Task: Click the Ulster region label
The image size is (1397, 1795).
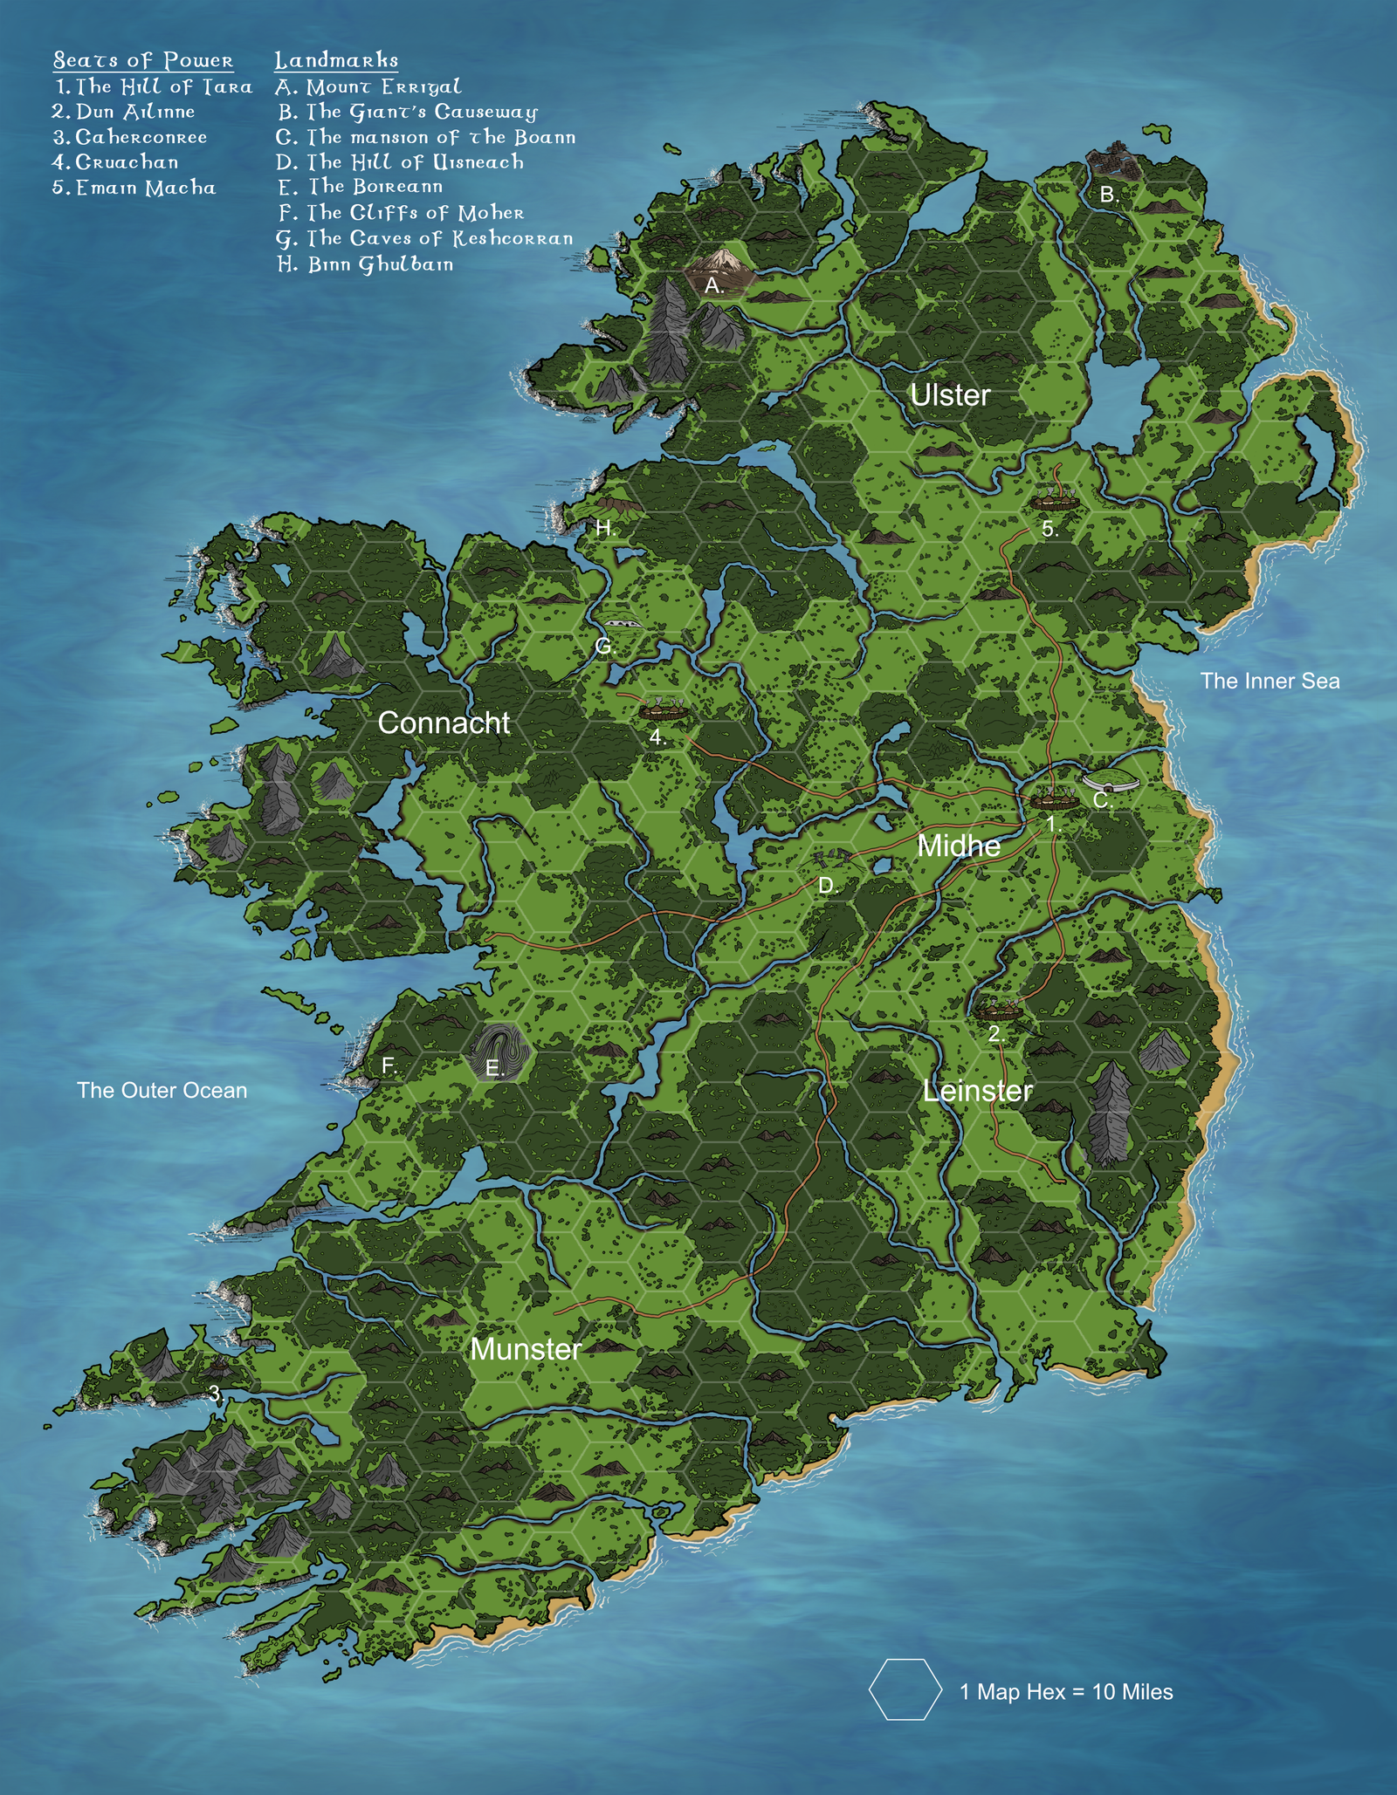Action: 949,395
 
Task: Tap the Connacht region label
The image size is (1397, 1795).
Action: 444,723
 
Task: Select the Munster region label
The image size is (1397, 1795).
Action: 525,1349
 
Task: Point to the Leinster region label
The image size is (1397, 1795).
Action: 977,1091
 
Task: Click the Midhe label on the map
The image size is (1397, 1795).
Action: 958,846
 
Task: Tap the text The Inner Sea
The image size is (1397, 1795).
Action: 1269,681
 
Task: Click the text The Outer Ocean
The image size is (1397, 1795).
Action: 162,1090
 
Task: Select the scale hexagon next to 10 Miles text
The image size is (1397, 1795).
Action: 905,1689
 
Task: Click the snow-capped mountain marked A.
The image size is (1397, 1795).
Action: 721,262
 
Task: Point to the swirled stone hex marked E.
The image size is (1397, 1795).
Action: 499,1051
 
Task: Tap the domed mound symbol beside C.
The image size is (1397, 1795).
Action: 1110,779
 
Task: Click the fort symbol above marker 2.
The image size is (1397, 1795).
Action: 997,1011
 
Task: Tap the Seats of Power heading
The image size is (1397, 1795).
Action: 143,60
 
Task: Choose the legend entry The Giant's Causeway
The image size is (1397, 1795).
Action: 408,112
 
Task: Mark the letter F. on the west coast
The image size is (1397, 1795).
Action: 389,1065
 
